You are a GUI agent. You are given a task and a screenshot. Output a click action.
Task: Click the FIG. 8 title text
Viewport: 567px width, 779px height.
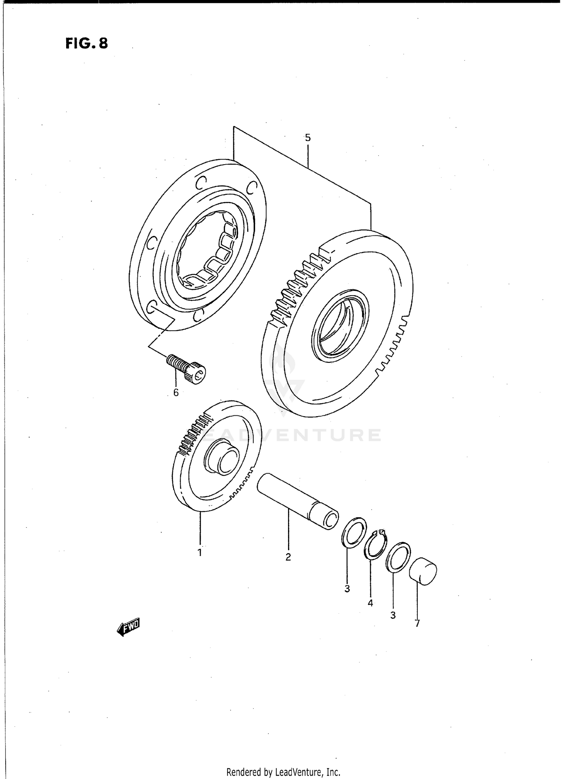pyautogui.click(x=87, y=44)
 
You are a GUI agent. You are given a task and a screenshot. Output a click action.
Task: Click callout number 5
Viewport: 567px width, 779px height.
pyautogui.click(x=308, y=138)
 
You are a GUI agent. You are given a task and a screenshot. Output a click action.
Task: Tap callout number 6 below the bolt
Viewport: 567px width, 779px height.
pyautogui.click(x=176, y=393)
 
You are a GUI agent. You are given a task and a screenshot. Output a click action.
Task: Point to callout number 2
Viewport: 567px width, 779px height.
pyautogui.click(x=288, y=557)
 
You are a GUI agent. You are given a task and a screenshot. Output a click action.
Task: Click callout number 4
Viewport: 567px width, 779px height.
pyautogui.click(x=370, y=603)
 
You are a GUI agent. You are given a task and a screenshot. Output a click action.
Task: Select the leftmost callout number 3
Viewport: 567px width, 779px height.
pyautogui.click(x=347, y=589)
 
